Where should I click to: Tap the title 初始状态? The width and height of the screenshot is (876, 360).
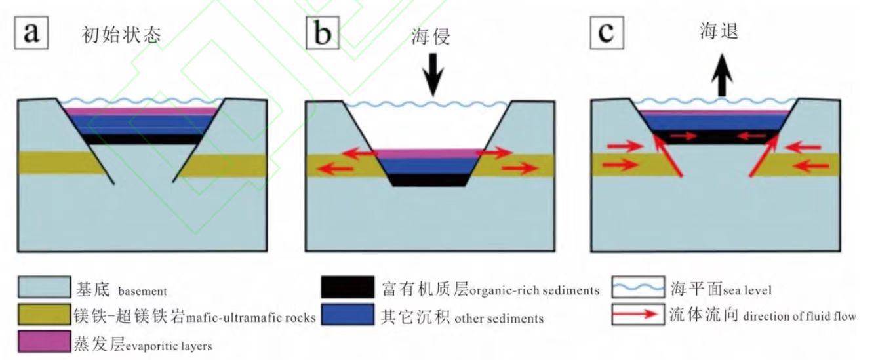pyautogui.click(x=121, y=35)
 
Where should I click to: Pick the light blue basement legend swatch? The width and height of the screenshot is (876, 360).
pyautogui.click(x=44, y=288)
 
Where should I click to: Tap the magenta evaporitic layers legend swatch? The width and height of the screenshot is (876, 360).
pyautogui.click(x=44, y=342)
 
